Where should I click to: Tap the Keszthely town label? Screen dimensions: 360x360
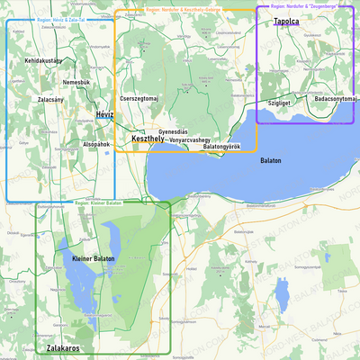(148, 139)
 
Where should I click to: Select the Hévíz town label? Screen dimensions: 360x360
(104, 115)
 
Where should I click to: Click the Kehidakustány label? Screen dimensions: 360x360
(43, 60)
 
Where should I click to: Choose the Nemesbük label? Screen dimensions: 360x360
(76, 82)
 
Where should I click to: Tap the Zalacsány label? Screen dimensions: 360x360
(50, 99)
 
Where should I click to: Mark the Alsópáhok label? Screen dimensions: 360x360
(95, 144)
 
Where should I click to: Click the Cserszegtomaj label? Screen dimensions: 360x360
(139, 97)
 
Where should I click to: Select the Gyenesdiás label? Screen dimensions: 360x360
(173, 131)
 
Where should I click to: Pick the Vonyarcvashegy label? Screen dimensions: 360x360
(190, 139)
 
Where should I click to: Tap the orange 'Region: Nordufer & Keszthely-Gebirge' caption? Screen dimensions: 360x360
(184, 8)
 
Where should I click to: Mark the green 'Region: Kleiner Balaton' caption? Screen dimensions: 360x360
(99, 203)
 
